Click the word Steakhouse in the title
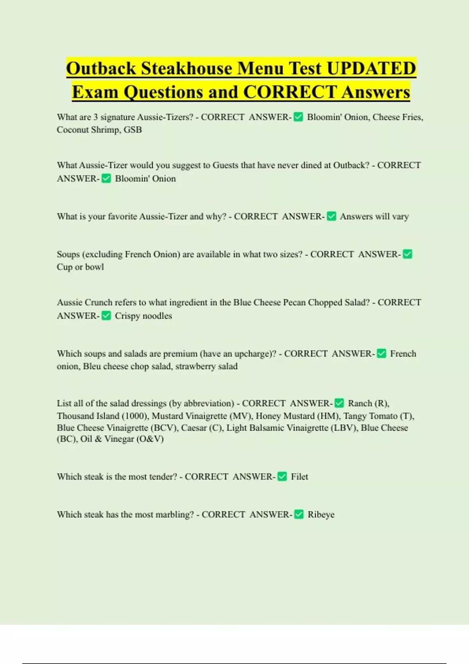click(186, 68)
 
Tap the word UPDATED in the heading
click(371, 68)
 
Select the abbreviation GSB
click(132, 130)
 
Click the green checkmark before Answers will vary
click(331, 216)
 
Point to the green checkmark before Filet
click(282, 477)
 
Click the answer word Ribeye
click(321, 514)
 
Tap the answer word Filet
click(299, 477)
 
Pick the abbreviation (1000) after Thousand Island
click(135, 416)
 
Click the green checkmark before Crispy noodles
click(106, 316)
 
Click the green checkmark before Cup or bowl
click(407, 254)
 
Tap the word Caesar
click(194, 428)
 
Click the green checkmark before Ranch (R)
click(339, 403)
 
